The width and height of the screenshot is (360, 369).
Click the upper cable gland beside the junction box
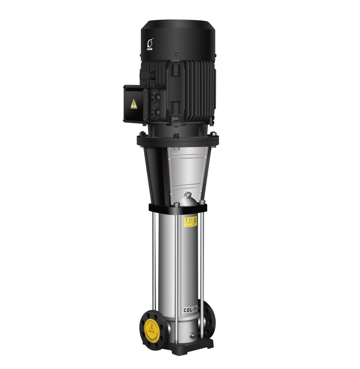pyautogui.click(x=156, y=97)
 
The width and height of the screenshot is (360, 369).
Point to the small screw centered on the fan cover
pyautogui.click(x=176, y=54)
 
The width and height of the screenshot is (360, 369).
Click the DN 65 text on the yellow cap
pyautogui.click(x=152, y=330)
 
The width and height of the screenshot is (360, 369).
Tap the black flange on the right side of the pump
pyautogui.click(x=209, y=317)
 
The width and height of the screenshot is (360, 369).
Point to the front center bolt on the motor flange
pyautogui.click(x=176, y=136)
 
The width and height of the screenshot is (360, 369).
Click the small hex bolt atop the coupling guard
pyautogui.click(x=176, y=149)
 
